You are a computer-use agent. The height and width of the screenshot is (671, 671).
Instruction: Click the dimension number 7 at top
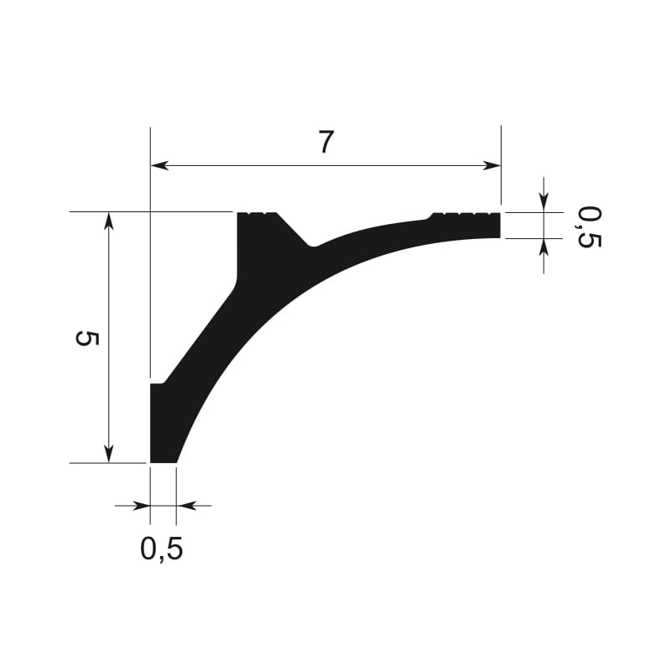pos(325,142)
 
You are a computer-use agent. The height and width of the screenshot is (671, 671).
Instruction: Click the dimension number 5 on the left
pos(87,338)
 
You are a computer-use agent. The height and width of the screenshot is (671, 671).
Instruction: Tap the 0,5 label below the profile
pos(162,549)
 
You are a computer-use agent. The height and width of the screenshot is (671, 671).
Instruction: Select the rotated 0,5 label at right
pos(590,226)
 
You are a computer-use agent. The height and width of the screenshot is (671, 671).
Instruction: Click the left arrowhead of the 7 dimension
pos(159,165)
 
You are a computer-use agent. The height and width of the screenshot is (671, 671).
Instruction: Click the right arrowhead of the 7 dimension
pos(492,165)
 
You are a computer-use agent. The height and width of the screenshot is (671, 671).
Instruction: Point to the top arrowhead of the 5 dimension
pos(109,221)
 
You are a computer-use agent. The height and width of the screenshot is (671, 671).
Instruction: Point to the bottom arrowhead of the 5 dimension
pos(109,454)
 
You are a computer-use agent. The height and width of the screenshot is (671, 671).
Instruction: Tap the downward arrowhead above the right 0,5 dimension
pos(544,203)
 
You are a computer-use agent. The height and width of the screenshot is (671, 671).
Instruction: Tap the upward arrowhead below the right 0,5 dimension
pos(544,247)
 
